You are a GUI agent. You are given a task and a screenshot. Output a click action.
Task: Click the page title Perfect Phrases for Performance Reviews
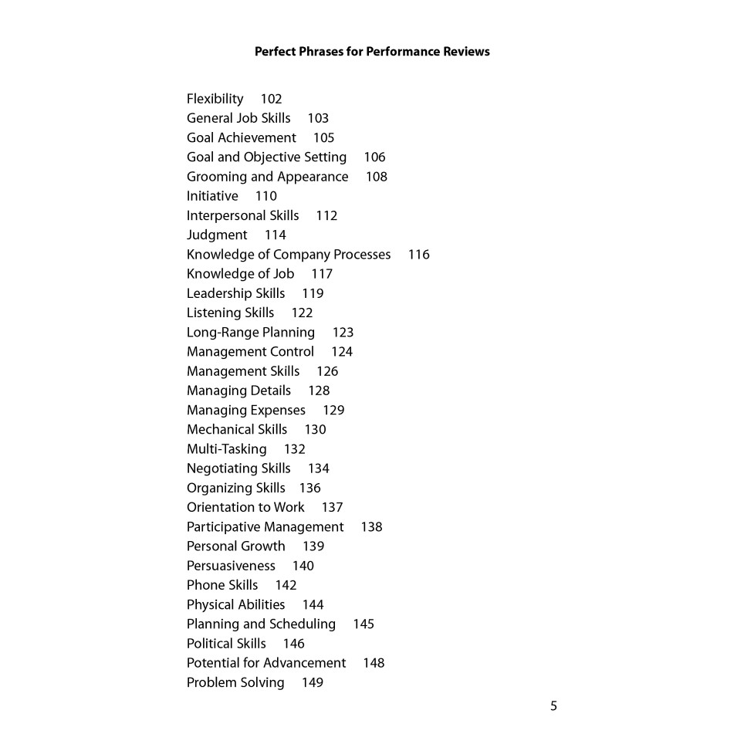coord(371,52)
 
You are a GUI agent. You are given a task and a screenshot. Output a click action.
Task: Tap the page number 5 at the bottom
coord(553,705)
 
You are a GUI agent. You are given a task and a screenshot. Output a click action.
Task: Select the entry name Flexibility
coord(215,99)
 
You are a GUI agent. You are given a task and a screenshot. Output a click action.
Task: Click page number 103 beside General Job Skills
coord(318,118)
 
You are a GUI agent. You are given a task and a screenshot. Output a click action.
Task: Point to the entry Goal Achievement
coord(241,137)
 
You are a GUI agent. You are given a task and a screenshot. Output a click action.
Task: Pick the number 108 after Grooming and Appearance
coord(377,177)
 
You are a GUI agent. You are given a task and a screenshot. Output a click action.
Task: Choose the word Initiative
coord(212,196)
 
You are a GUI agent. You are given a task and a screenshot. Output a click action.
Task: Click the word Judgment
coord(217,235)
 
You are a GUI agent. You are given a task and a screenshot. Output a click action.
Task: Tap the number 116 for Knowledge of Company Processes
coord(419,255)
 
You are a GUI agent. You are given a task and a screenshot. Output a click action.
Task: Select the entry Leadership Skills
coord(235,293)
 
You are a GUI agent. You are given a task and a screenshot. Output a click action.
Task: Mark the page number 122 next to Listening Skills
coord(302,313)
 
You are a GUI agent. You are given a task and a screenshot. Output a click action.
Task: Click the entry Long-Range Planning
coord(251,333)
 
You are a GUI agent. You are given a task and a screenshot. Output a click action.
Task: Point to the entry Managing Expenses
coord(245,410)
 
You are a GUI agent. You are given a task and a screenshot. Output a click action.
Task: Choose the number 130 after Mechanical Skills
coord(315,430)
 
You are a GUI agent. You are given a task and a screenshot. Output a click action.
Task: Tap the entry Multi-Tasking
coord(226,449)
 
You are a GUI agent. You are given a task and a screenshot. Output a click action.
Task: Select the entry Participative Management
coord(265,527)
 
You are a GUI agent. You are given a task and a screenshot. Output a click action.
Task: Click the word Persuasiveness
coord(231,566)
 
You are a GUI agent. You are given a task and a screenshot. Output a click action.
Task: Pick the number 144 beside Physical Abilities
coord(313,604)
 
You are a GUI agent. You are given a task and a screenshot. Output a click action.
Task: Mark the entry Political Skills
coord(226,644)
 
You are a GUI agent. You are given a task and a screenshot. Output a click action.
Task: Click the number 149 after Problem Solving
coord(313,682)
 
